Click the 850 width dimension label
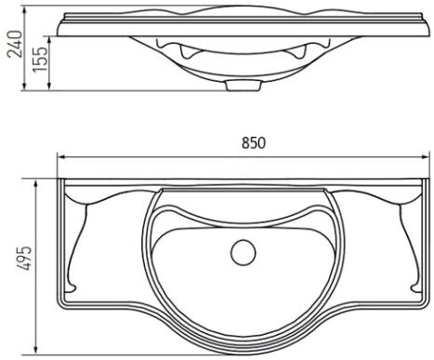[x=254, y=143]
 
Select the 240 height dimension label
[x=15, y=44]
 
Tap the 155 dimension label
[x=41, y=60]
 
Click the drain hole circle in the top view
[x=243, y=252]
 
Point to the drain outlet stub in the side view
[x=243, y=86]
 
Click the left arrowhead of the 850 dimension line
[x=60, y=157]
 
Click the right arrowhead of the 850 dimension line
[x=426, y=157]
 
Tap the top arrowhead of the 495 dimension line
[x=36, y=182]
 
